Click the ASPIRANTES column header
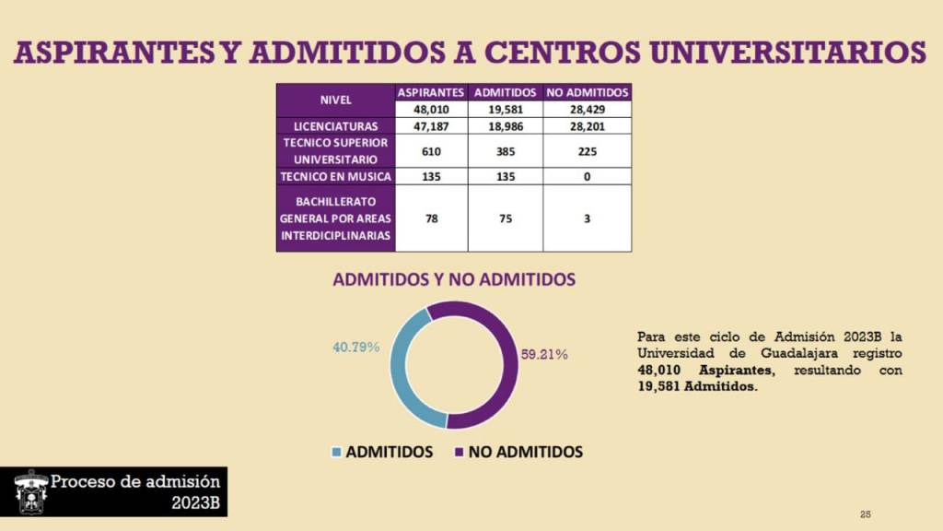(x=431, y=92)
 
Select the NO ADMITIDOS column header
(x=588, y=92)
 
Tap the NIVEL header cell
(x=335, y=100)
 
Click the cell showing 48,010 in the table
(x=431, y=109)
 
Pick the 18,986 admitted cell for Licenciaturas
(x=506, y=125)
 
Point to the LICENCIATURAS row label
(x=335, y=125)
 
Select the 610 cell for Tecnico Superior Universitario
(x=431, y=151)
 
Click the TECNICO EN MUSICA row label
(x=335, y=176)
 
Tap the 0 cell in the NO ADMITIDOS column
(x=588, y=176)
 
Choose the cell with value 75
(x=506, y=218)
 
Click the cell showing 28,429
(x=588, y=109)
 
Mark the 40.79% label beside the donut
(x=355, y=348)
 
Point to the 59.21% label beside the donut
(x=544, y=353)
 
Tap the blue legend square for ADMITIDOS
(x=336, y=453)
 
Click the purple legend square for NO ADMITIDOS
(x=459, y=453)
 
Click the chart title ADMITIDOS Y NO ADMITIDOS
(x=454, y=279)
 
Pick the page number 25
(x=865, y=514)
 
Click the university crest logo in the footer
(x=31, y=491)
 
